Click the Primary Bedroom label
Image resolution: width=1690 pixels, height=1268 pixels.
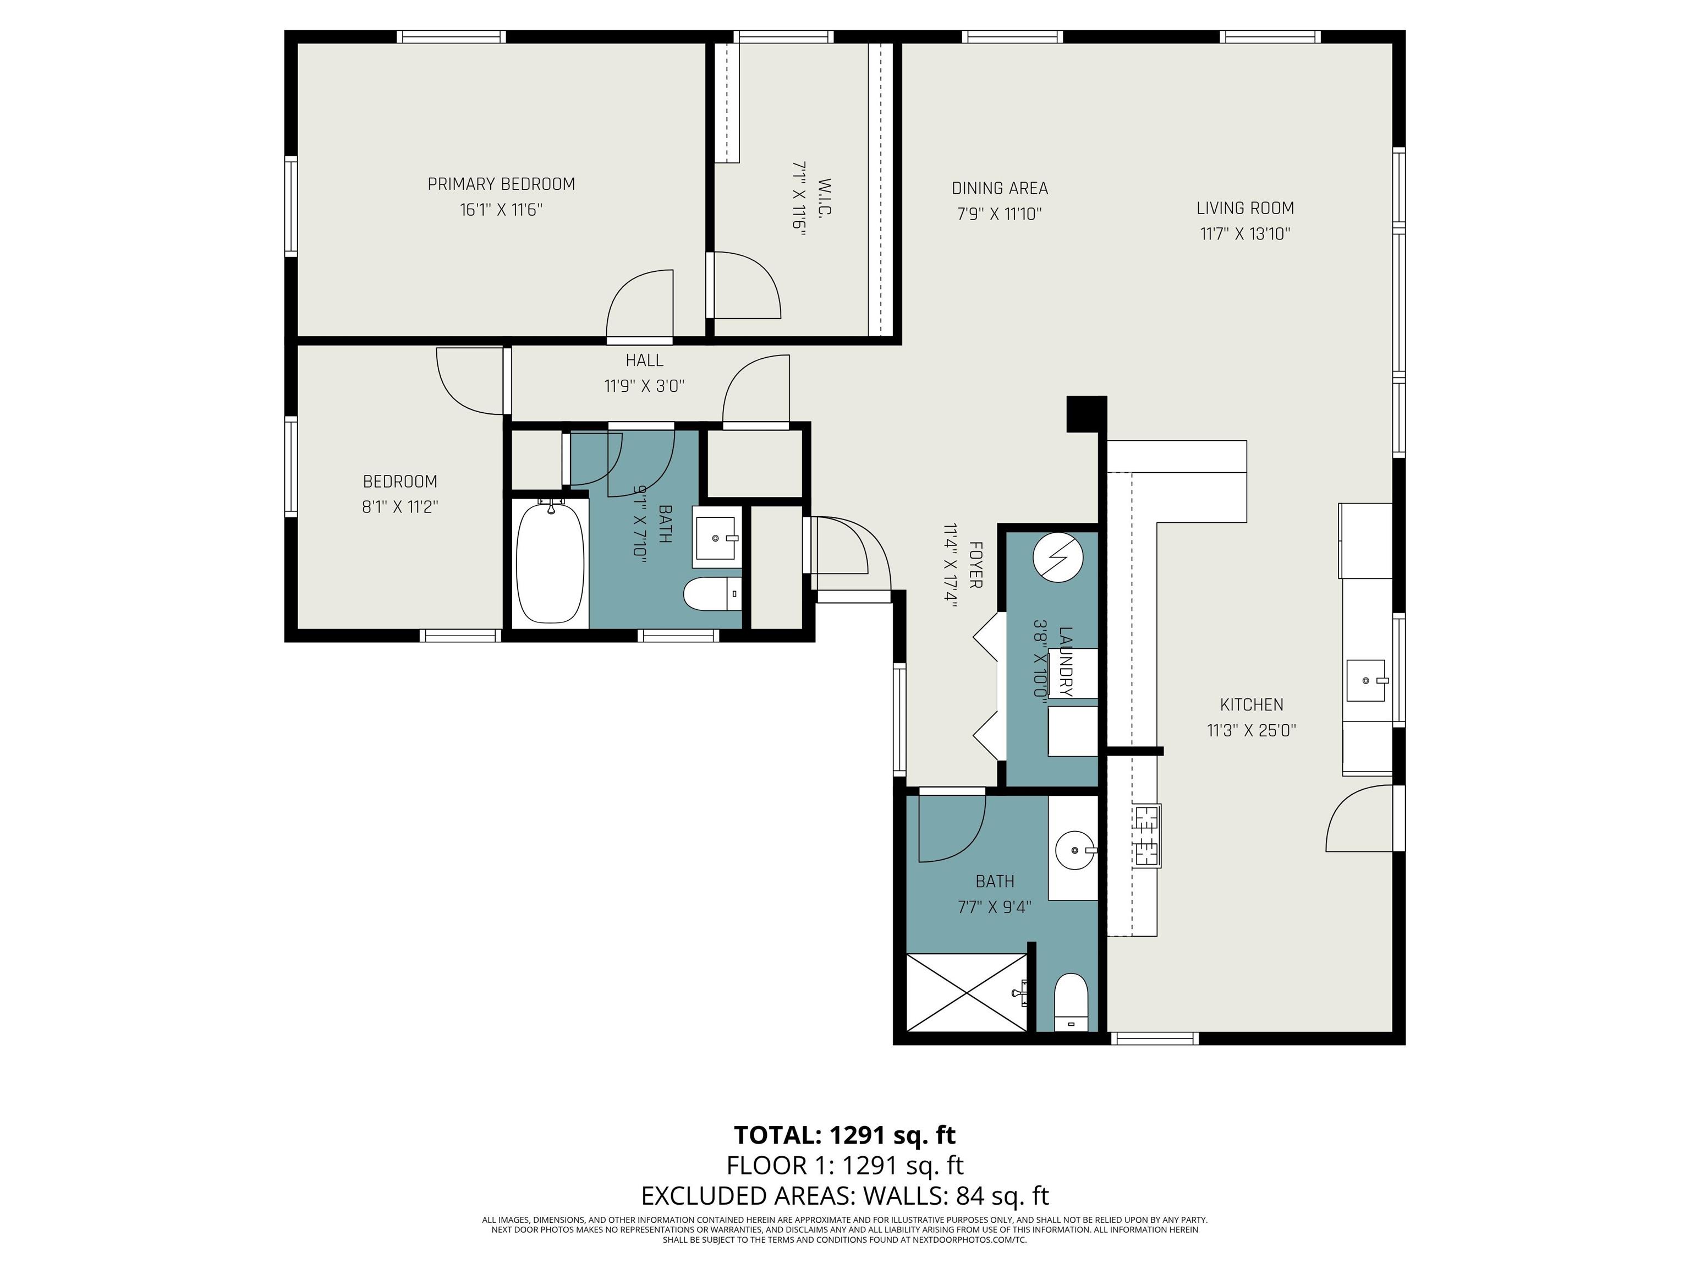pos(501,184)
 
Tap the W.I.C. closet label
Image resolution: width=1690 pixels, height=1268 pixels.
pos(824,198)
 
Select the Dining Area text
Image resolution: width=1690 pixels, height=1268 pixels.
pos(1000,188)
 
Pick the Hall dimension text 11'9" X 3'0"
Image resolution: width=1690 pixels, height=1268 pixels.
pos(644,386)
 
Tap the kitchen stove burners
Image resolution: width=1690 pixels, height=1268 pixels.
pos(1147,835)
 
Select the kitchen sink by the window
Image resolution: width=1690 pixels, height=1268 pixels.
pos(1366,680)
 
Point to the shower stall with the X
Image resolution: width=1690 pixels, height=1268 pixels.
pos(967,992)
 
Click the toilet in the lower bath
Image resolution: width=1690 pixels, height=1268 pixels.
pos(1071,1002)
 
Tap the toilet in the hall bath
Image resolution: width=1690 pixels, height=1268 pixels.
pos(712,594)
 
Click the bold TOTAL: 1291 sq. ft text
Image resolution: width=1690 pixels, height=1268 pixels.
pos(845,1135)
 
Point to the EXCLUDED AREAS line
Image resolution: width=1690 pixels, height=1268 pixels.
pos(845,1195)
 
